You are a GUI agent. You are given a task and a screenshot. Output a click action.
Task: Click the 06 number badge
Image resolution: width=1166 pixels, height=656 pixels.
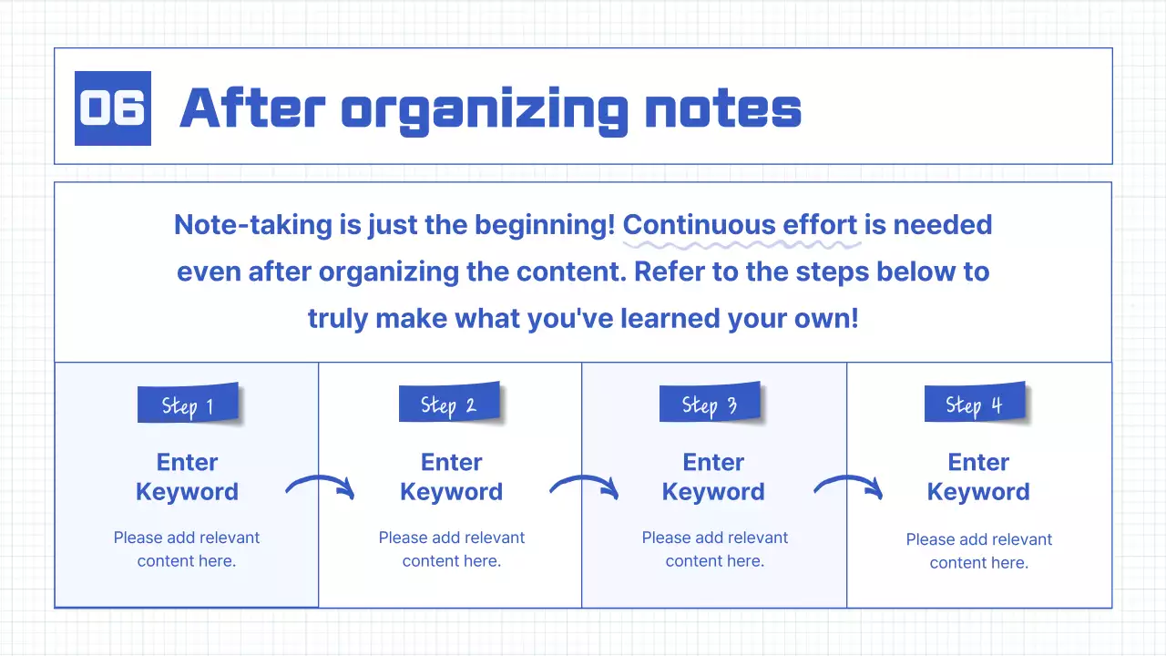(x=112, y=108)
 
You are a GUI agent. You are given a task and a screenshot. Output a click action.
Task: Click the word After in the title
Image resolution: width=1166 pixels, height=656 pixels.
(x=251, y=108)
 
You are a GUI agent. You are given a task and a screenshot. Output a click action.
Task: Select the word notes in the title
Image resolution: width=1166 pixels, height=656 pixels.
(x=722, y=109)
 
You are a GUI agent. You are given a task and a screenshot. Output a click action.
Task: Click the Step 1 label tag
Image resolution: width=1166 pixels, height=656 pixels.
(x=188, y=405)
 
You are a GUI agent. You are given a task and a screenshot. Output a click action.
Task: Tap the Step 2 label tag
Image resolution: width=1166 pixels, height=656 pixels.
(x=449, y=404)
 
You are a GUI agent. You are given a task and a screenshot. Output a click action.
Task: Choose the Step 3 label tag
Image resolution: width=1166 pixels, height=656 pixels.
(x=710, y=404)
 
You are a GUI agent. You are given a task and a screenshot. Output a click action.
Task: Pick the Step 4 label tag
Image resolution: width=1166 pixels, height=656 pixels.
(x=974, y=404)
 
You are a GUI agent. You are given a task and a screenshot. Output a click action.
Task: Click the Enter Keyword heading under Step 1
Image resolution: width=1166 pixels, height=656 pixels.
(x=187, y=477)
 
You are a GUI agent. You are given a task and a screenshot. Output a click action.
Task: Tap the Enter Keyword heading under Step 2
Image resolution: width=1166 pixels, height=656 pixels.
(x=451, y=477)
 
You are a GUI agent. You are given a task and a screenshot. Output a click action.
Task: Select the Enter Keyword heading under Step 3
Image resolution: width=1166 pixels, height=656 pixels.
(x=713, y=477)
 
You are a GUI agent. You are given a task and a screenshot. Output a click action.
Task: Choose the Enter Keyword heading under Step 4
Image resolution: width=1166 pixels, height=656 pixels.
(x=978, y=477)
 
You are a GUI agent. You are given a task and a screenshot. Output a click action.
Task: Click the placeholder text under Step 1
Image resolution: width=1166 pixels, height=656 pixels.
(x=187, y=549)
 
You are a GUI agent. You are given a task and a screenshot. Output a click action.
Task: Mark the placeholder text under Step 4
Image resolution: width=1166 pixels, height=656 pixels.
(x=978, y=551)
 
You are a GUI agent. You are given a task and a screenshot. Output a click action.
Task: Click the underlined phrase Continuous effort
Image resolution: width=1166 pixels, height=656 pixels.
(x=740, y=225)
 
